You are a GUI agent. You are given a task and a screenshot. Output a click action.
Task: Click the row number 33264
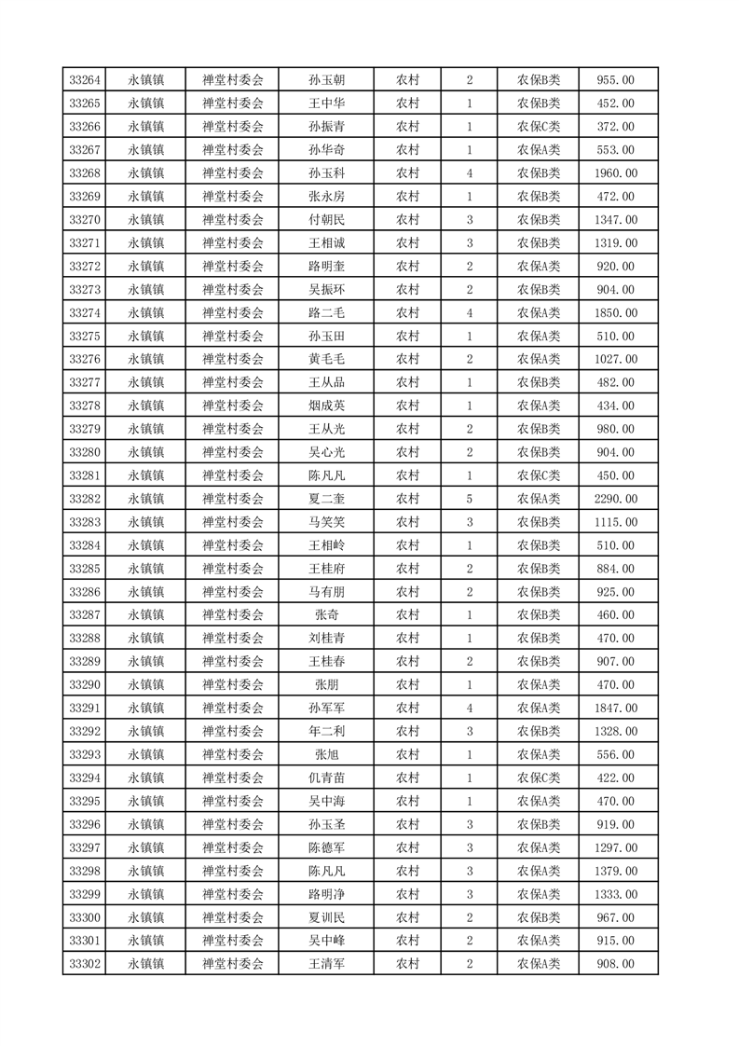click(x=85, y=80)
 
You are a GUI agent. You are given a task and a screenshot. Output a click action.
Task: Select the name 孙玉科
click(x=326, y=173)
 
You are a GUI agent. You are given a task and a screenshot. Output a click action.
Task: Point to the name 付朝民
click(x=326, y=220)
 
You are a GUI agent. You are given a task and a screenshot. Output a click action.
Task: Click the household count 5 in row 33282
click(x=469, y=499)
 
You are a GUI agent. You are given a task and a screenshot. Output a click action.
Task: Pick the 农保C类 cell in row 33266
click(x=538, y=127)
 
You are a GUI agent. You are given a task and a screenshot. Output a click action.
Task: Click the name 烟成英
click(x=326, y=406)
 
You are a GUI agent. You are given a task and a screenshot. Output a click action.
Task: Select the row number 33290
click(x=85, y=685)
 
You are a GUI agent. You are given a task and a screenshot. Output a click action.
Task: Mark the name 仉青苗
click(x=326, y=778)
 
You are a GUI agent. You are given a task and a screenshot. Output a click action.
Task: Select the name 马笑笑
click(x=326, y=522)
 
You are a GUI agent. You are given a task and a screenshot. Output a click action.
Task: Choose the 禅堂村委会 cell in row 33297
click(x=233, y=847)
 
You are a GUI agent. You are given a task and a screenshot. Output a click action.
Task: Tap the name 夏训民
click(x=326, y=917)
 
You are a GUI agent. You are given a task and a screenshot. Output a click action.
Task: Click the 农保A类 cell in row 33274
click(x=538, y=312)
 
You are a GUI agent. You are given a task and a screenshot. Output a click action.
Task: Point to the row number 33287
click(x=85, y=615)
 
